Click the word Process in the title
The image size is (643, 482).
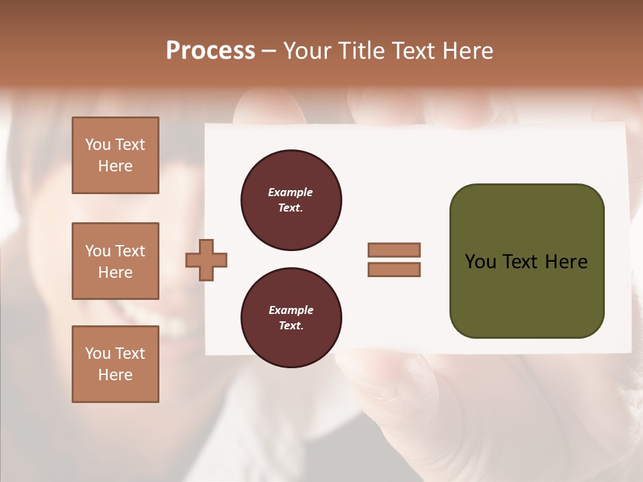210,51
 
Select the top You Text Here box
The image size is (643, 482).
115,155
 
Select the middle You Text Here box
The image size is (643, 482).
115,261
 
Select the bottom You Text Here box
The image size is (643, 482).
115,364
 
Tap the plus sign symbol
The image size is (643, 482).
206,260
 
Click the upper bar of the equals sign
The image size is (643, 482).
394,250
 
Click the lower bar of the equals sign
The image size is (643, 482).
394,270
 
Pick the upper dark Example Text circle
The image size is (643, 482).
291,200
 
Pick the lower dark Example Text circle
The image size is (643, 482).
291,318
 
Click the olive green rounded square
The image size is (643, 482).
526,261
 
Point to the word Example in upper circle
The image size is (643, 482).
290,192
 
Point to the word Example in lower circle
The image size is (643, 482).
290,310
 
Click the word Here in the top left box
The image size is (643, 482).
115,166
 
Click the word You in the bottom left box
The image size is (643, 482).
98,353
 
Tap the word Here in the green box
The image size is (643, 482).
566,262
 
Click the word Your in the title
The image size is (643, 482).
307,51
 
